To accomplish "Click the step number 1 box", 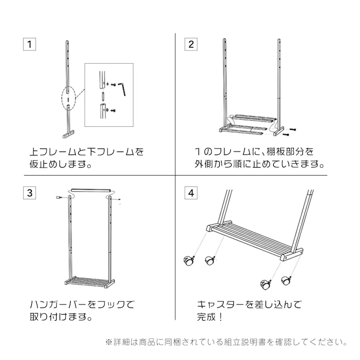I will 30,44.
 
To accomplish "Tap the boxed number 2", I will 190,44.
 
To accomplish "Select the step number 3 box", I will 30,193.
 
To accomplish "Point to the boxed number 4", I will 190,193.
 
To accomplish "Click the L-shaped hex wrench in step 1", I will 124,91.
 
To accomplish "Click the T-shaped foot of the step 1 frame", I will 67,135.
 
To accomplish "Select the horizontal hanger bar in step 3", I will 90,190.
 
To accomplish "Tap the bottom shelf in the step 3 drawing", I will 89,281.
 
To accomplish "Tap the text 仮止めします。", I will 60,164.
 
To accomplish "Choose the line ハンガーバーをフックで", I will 81,305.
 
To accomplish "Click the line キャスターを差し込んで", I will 249,305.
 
